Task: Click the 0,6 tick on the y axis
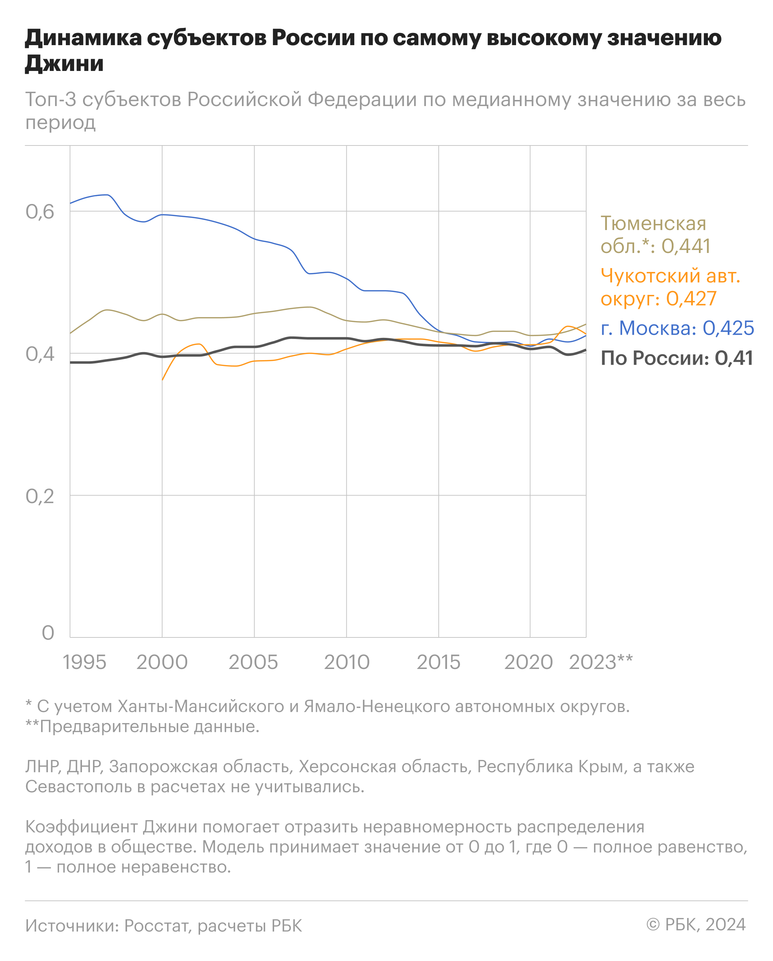click(40, 212)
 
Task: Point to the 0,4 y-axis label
click(40, 354)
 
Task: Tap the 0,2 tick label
click(40, 496)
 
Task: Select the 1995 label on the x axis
click(84, 663)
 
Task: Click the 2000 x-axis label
click(162, 663)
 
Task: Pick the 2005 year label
click(253, 663)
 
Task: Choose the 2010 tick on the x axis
click(347, 663)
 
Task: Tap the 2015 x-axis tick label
click(439, 663)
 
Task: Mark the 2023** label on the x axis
click(601, 663)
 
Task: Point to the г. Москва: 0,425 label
click(677, 328)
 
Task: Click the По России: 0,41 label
click(676, 358)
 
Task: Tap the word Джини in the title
click(64, 63)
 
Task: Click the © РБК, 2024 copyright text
click(696, 924)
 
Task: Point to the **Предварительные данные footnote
click(142, 727)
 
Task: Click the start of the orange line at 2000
click(162, 380)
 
